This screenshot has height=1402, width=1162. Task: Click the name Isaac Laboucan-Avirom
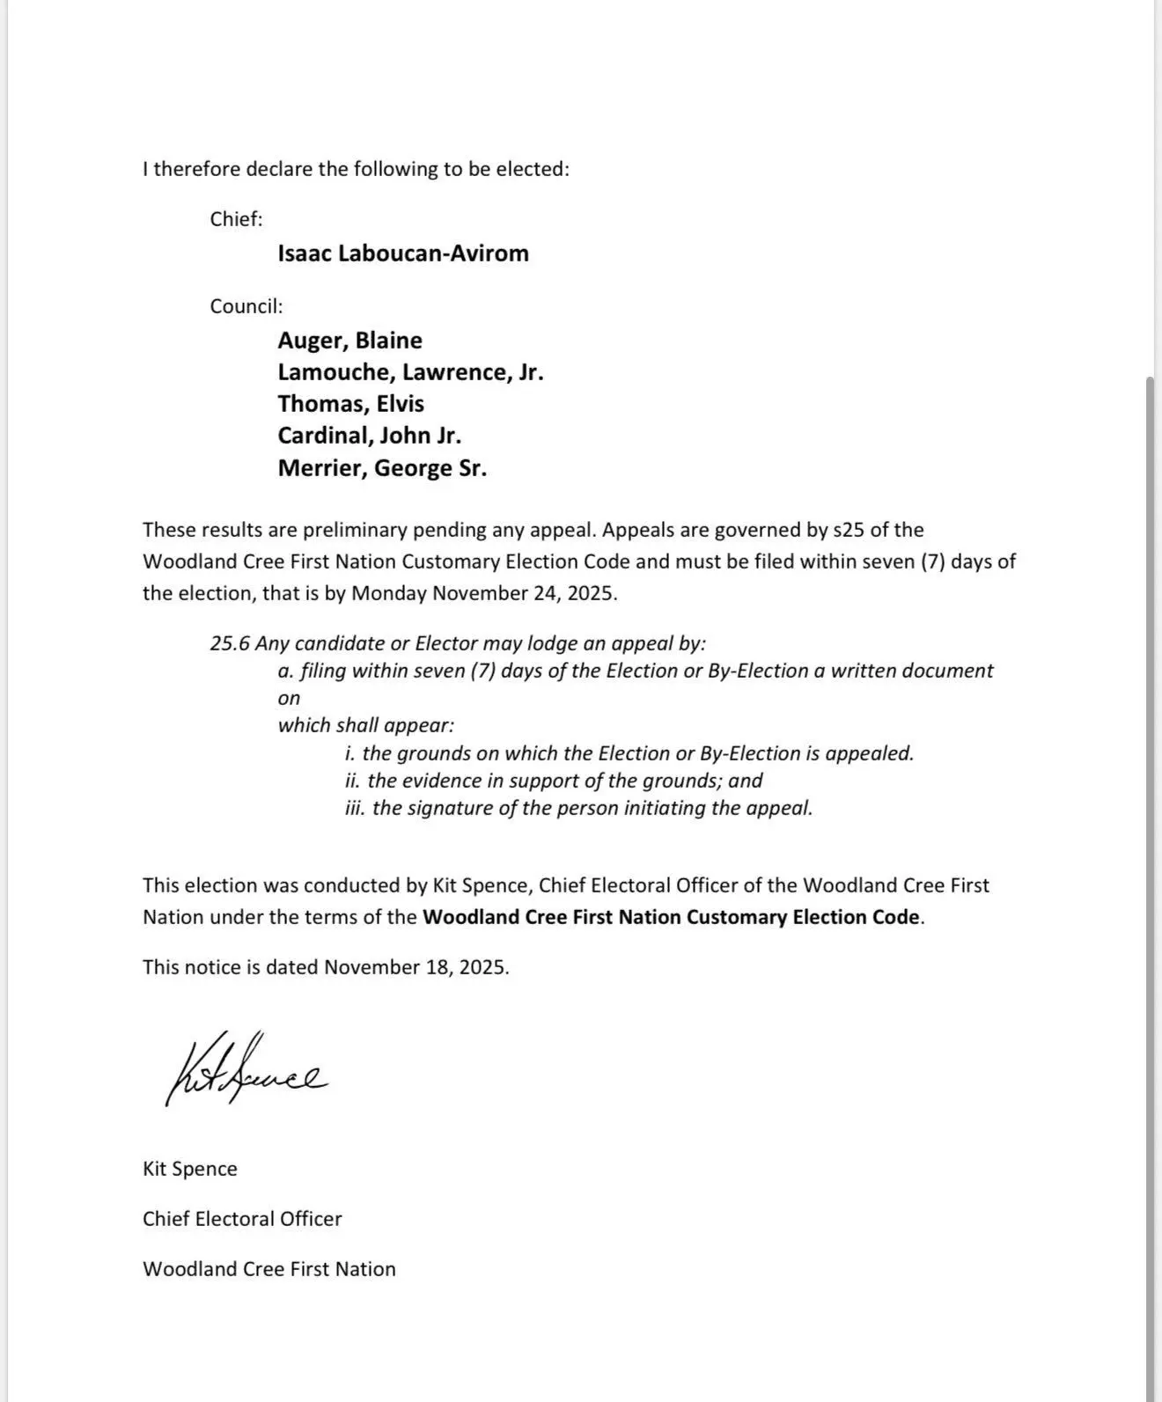pyautogui.click(x=403, y=253)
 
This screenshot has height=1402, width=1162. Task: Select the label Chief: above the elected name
pyautogui.click(x=236, y=219)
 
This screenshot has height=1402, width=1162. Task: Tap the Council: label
pyautogui.click(x=246, y=306)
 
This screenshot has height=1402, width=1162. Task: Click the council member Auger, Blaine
pyautogui.click(x=349, y=341)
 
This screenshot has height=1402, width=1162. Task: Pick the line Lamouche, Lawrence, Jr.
pyautogui.click(x=410, y=372)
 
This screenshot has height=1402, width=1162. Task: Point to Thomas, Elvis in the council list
pyautogui.click(x=350, y=404)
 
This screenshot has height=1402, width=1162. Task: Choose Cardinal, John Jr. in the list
pyautogui.click(x=369, y=436)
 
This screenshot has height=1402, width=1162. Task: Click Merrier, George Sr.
pyautogui.click(x=382, y=468)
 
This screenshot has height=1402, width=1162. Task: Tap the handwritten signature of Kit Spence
pyautogui.click(x=246, y=1070)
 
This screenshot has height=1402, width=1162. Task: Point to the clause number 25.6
pyautogui.click(x=229, y=643)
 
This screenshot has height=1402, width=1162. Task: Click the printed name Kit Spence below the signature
pyautogui.click(x=190, y=1169)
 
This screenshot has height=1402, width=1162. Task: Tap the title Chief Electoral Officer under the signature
pyautogui.click(x=242, y=1219)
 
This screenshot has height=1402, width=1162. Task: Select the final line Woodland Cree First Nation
pyautogui.click(x=269, y=1269)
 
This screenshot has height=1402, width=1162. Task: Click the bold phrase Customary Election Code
pyautogui.click(x=803, y=917)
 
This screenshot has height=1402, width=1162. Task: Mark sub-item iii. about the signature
pyautogui.click(x=579, y=808)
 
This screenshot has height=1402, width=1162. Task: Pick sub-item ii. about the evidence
pyautogui.click(x=554, y=781)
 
